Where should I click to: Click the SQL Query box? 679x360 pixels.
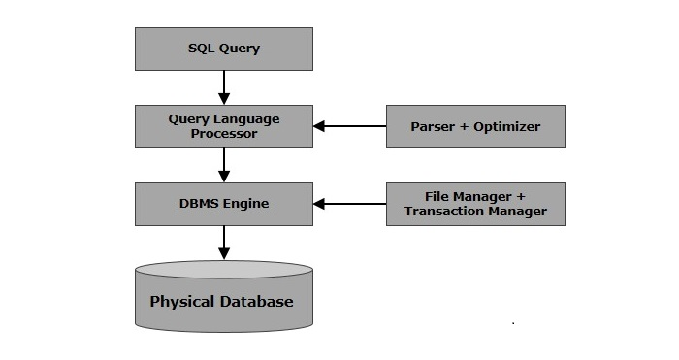coord(224,49)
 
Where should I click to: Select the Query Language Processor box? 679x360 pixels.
coord(224,126)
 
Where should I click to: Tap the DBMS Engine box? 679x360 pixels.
coord(224,204)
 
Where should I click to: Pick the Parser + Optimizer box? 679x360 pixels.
coord(475,126)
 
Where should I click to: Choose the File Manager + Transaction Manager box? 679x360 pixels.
coord(475,204)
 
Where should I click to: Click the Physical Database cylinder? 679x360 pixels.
coord(224,296)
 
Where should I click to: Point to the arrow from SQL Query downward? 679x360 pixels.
coord(224,87)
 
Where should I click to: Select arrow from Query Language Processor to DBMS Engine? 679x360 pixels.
coord(224,165)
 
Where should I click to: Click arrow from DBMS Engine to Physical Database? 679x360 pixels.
coord(224,243)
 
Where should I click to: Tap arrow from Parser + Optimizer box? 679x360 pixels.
coord(349,126)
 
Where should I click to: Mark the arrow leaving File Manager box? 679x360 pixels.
coord(349,204)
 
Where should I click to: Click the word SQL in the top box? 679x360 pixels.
coord(202,49)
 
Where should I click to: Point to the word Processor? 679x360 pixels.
coord(224,134)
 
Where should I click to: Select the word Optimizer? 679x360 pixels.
coord(506,127)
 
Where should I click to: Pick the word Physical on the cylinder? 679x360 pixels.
coord(182,302)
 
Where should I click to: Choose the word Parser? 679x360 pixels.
coord(433,127)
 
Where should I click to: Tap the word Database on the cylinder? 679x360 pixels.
coord(256,301)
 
